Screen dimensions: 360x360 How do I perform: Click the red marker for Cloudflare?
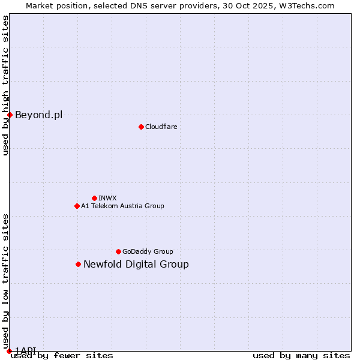141,127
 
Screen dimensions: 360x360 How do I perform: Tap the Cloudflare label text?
161,127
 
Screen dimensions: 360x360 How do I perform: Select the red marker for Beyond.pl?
10,115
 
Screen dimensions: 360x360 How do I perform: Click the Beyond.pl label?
38,115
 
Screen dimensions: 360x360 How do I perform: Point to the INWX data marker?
94,198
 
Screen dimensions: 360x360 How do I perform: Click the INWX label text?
107,198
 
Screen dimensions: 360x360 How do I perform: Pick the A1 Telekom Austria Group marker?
77,206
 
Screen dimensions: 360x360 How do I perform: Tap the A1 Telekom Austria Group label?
122,206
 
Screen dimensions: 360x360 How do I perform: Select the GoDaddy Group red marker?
118,251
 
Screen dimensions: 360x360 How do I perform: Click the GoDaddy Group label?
148,251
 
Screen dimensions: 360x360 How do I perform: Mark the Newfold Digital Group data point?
78,264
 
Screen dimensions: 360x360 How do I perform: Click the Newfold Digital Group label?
136,264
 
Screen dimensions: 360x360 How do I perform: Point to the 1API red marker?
9,351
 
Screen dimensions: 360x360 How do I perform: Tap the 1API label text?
25,350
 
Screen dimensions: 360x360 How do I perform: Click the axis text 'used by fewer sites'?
62,355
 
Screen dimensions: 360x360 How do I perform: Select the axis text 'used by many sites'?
301,355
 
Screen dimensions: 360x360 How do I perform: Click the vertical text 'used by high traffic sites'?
5,85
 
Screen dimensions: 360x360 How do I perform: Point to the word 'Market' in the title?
41,5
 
